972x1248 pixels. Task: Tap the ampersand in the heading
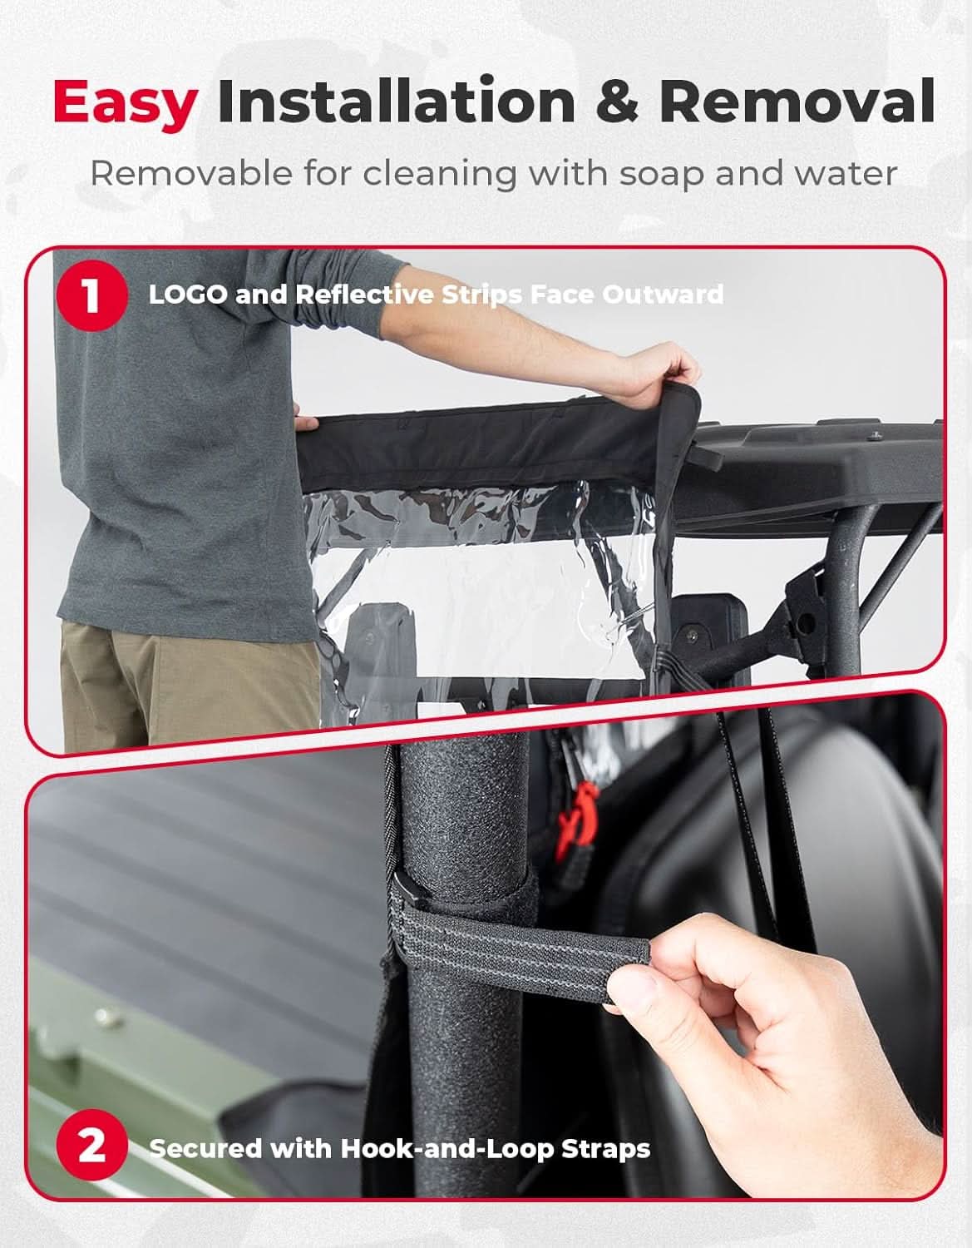click(617, 101)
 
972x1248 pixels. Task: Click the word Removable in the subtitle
click(191, 172)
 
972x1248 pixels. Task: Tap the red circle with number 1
click(91, 295)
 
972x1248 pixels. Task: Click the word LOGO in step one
click(188, 295)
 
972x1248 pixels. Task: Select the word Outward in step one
click(663, 295)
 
